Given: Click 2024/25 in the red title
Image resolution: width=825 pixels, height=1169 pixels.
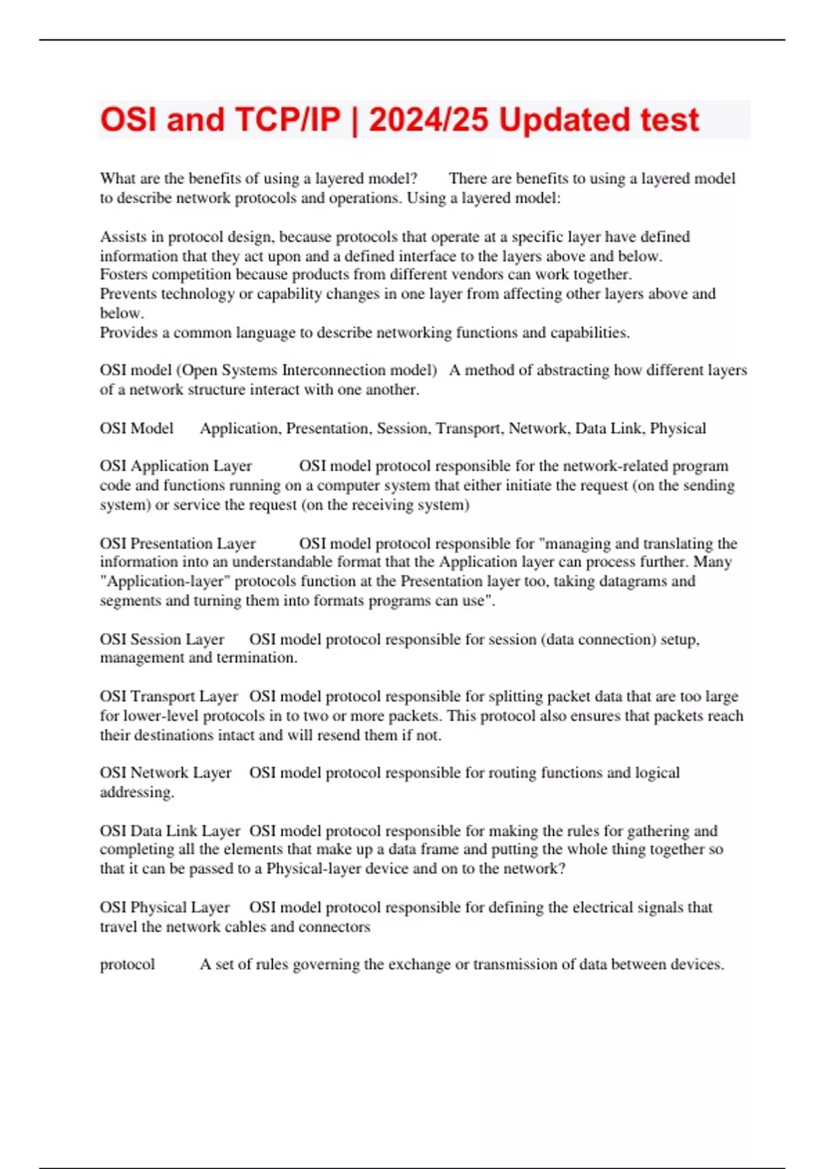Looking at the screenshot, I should click(x=429, y=120).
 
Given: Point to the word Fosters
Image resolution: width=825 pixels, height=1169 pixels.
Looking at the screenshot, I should click(x=124, y=275).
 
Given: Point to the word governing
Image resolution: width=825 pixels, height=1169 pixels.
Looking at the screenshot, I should click(x=326, y=965).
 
